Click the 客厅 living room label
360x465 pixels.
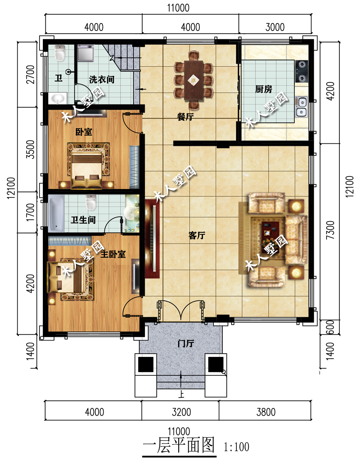pos(197,236)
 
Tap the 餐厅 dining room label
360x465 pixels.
pos(185,117)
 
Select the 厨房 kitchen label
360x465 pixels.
pos(264,89)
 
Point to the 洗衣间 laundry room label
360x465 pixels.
pos(102,80)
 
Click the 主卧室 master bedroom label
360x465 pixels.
pos(113,254)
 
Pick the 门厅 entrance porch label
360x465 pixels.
pos(186,343)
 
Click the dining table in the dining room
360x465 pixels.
pos(193,80)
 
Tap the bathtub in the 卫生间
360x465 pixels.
pos(56,214)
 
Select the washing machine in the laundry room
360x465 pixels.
pos(86,53)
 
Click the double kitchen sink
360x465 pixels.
pos(301,107)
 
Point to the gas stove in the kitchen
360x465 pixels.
pos(302,71)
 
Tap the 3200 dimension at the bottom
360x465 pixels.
pos(181,412)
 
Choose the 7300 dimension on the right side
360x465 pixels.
pos(330,230)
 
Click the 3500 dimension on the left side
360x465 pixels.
pos(30,149)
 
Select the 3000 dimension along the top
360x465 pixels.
pos(275,27)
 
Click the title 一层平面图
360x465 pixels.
pos(179,446)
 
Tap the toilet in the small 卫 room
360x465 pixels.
pos(60,53)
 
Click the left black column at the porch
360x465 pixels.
pos(146,364)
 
